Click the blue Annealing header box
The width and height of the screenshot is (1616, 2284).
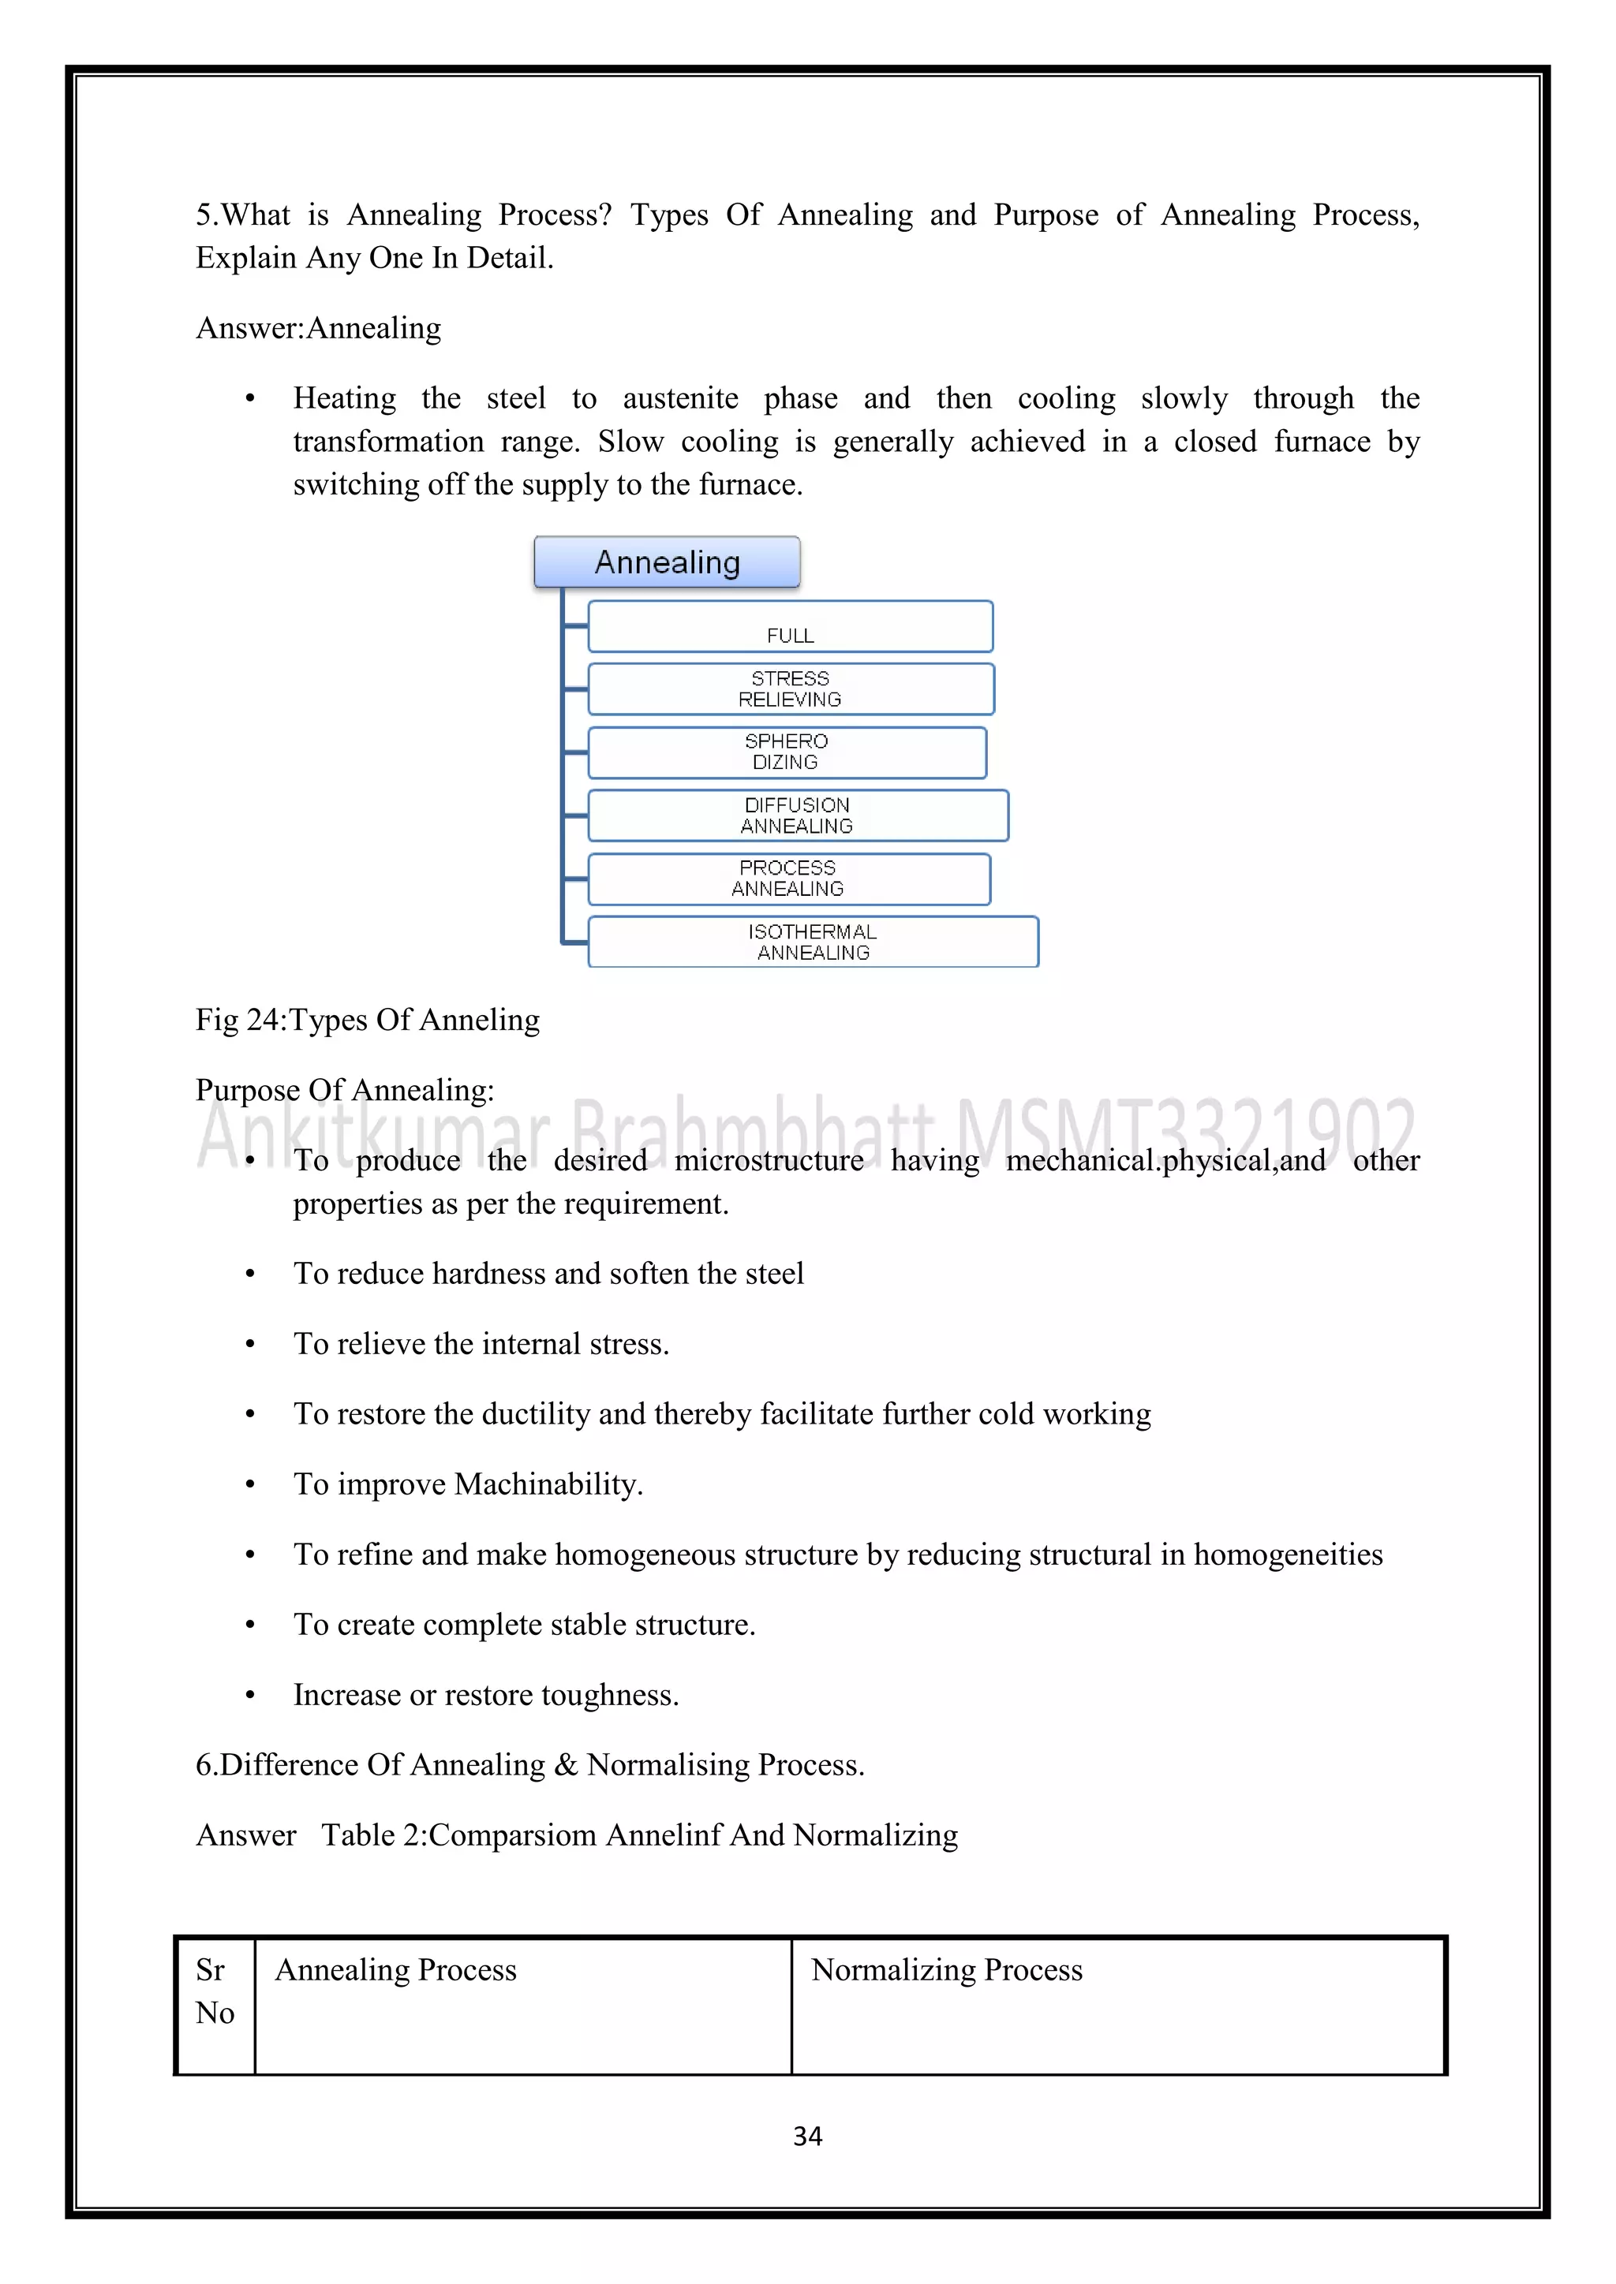(667, 562)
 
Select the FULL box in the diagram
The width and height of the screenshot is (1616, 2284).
(790, 628)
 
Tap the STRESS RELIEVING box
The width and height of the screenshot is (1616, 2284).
(790, 689)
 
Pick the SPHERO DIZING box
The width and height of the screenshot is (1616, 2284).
(786, 753)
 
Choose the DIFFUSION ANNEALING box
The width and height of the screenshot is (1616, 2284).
(797, 815)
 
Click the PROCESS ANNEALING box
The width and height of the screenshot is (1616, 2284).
(788, 879)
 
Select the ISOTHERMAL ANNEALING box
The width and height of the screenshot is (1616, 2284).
(812, 942)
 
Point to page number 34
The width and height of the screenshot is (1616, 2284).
(807, 2136)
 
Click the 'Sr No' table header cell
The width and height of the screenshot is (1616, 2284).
(215, 1991)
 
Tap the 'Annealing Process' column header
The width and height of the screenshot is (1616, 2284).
(396, 1971)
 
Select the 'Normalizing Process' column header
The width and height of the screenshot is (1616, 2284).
(946, 1971)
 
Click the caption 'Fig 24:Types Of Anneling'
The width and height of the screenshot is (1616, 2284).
(367, 1021)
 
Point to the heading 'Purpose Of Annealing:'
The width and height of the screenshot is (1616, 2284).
(344, 1090)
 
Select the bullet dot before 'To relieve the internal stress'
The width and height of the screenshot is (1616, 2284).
(250, 1345)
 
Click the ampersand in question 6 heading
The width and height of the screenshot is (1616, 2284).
(567, 1766)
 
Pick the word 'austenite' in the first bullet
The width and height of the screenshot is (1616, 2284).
(681, 399)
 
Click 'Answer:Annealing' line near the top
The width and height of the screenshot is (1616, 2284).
(319, 328)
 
